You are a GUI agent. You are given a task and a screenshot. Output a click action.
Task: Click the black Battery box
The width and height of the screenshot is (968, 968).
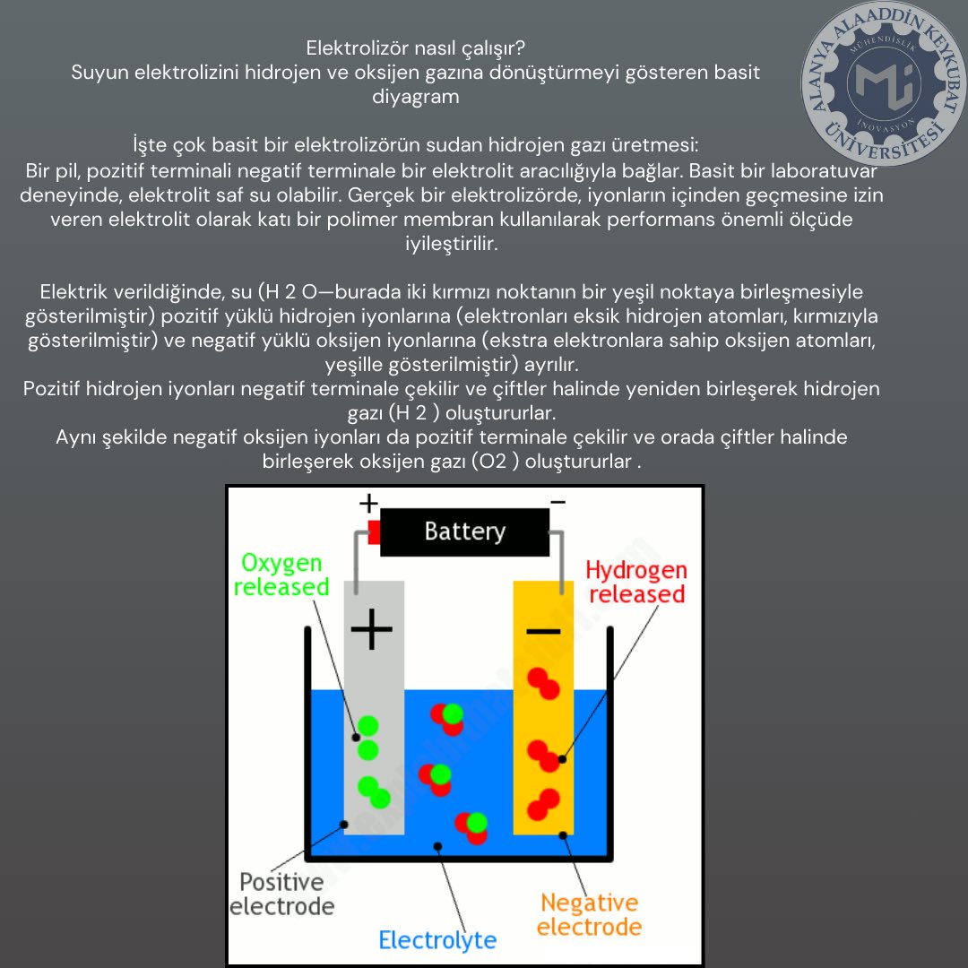pyautogui.click(x=464, y=532)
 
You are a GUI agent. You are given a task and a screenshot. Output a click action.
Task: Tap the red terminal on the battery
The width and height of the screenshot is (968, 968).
pyautogui.click(x=374, y=532)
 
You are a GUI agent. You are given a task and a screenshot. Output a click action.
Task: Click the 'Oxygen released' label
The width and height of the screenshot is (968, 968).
pyautogui.click(x=281, y=575)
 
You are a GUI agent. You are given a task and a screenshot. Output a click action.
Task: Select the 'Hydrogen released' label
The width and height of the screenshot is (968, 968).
pyautogui.click(x=636, y=583)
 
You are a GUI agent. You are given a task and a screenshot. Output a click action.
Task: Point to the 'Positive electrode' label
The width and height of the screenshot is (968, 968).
pyautogui.click(x=282, y=894)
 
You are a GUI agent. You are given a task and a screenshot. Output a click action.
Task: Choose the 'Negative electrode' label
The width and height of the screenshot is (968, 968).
pyautogui.click(x=589, y=915)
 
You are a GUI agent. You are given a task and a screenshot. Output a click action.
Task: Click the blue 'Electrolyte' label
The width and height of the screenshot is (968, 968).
pyautogui.click(x=437, y=940)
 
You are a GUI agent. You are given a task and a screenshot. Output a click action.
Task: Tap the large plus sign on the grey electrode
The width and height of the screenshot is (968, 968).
pyautogui.click(x=372, y=629)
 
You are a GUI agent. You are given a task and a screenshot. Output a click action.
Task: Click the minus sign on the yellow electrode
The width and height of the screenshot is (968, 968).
pyautogui.click(x=543, y=631)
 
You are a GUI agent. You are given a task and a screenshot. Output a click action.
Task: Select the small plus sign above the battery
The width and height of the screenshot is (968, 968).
pyautogui.click(x=368, y=503)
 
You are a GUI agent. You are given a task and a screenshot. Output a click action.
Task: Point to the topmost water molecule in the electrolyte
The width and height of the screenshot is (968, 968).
pyautogui.click(x=447, y=719)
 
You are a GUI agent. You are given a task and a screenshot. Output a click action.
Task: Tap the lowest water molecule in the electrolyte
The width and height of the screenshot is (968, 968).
pyautogui.click(x=471, y=828)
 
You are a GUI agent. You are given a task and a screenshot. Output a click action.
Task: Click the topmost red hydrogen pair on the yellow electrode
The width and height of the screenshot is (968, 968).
pyautogui.click(x=543, y=683)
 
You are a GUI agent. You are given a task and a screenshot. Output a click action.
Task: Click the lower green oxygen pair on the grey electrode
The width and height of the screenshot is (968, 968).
pyautogui.click(x=374, y=792)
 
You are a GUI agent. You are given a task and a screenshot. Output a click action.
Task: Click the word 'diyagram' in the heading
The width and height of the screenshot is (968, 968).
pyautogui.click(x=416, y=97)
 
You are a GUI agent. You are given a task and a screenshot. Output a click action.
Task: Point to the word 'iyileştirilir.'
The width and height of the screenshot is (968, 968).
pyautogui.click(x=451, y=244)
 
